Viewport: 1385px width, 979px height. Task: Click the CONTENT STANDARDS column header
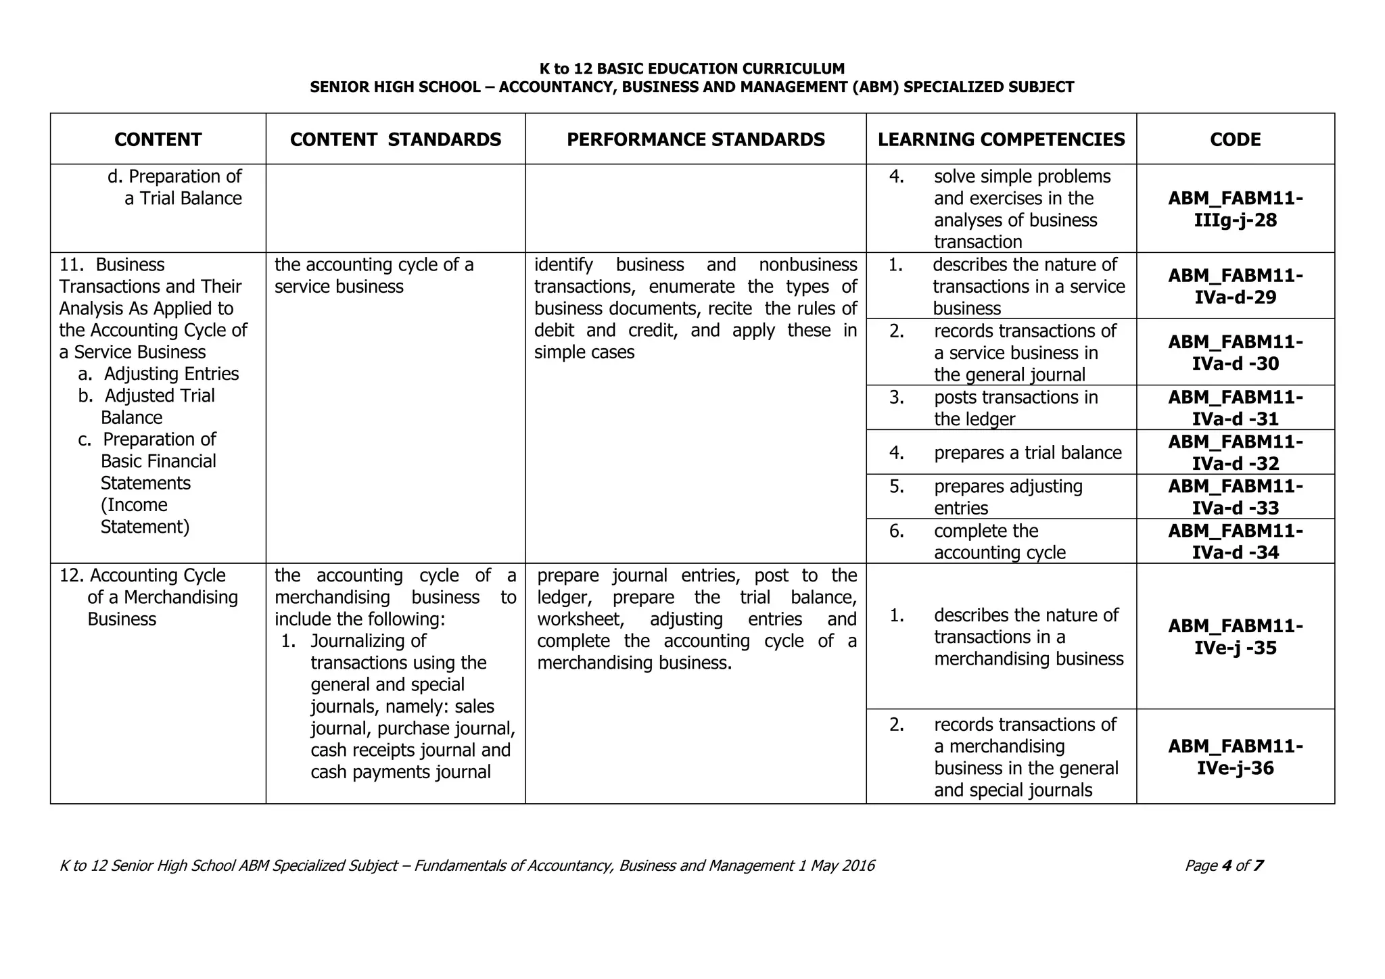point(396,139)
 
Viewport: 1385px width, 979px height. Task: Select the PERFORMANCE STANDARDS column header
point(695,139)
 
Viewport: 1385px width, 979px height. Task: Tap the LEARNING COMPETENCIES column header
point(1001,139)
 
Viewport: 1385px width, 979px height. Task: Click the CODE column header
point(1235,139)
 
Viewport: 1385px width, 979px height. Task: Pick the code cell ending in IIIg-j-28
point(1235,209)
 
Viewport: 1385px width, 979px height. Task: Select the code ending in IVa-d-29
point(1235,286)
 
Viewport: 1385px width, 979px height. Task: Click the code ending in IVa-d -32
point(1235,452)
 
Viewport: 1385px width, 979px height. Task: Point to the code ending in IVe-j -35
point(1235,637)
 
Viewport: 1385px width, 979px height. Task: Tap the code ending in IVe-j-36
point(1235,757)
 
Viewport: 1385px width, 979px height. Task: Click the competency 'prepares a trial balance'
point(1027,452)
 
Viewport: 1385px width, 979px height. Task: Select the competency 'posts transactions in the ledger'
point(1015,408)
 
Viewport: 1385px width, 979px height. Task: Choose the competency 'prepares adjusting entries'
point(1008,497)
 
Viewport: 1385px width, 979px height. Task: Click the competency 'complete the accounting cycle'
point(999,542)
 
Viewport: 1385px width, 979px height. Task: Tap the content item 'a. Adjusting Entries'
point(159,374)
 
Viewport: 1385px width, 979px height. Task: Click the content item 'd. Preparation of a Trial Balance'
point(174,187)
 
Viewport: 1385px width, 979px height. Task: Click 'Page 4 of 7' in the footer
point(1223,865)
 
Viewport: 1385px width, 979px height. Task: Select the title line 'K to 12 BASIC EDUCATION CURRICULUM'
point(692,68)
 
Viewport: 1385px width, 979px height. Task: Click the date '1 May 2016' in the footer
point(836,865)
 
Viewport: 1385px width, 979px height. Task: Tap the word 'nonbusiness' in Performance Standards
point(807,264)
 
